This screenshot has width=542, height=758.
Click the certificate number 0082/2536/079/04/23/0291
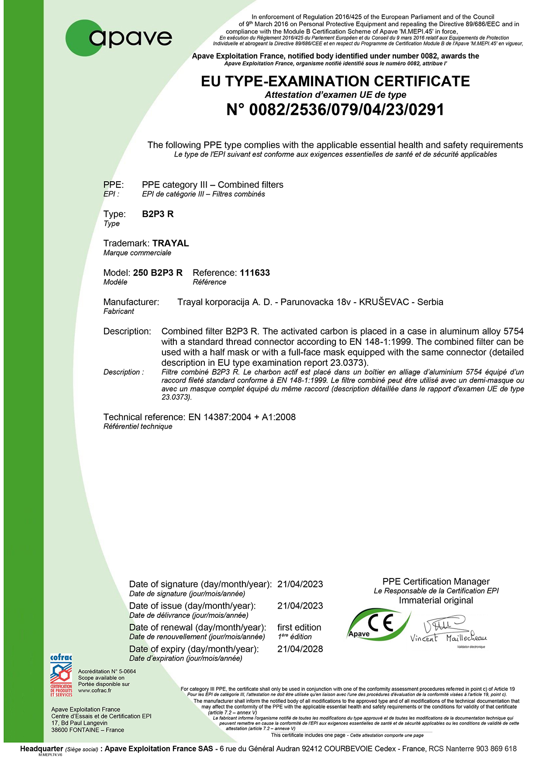point(335,110)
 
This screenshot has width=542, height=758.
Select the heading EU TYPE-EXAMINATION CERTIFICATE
point(335,81)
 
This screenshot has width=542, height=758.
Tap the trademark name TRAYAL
point(171,243)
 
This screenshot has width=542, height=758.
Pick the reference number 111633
point(255,273)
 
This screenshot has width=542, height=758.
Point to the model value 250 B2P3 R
point(158,273)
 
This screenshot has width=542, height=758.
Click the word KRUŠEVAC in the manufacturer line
point(384,302)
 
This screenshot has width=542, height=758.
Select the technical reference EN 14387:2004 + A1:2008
point(242,417)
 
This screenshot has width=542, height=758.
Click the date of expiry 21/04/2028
point(300,649)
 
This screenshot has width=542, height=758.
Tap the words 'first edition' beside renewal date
point(299,627)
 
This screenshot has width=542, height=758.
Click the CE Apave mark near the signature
point(378,625)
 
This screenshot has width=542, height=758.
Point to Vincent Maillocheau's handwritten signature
point(448,631)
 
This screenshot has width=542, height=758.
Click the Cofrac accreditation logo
point(61,675)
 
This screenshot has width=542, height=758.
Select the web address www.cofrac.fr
point(95,690)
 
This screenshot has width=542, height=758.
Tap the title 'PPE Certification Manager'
point(436,582)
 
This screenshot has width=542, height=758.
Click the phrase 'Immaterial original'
point(436,600)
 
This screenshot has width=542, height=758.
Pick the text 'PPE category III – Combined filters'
point(213,185)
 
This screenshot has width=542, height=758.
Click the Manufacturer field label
point(131,302)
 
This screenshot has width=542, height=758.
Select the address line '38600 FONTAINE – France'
point(87,730)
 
